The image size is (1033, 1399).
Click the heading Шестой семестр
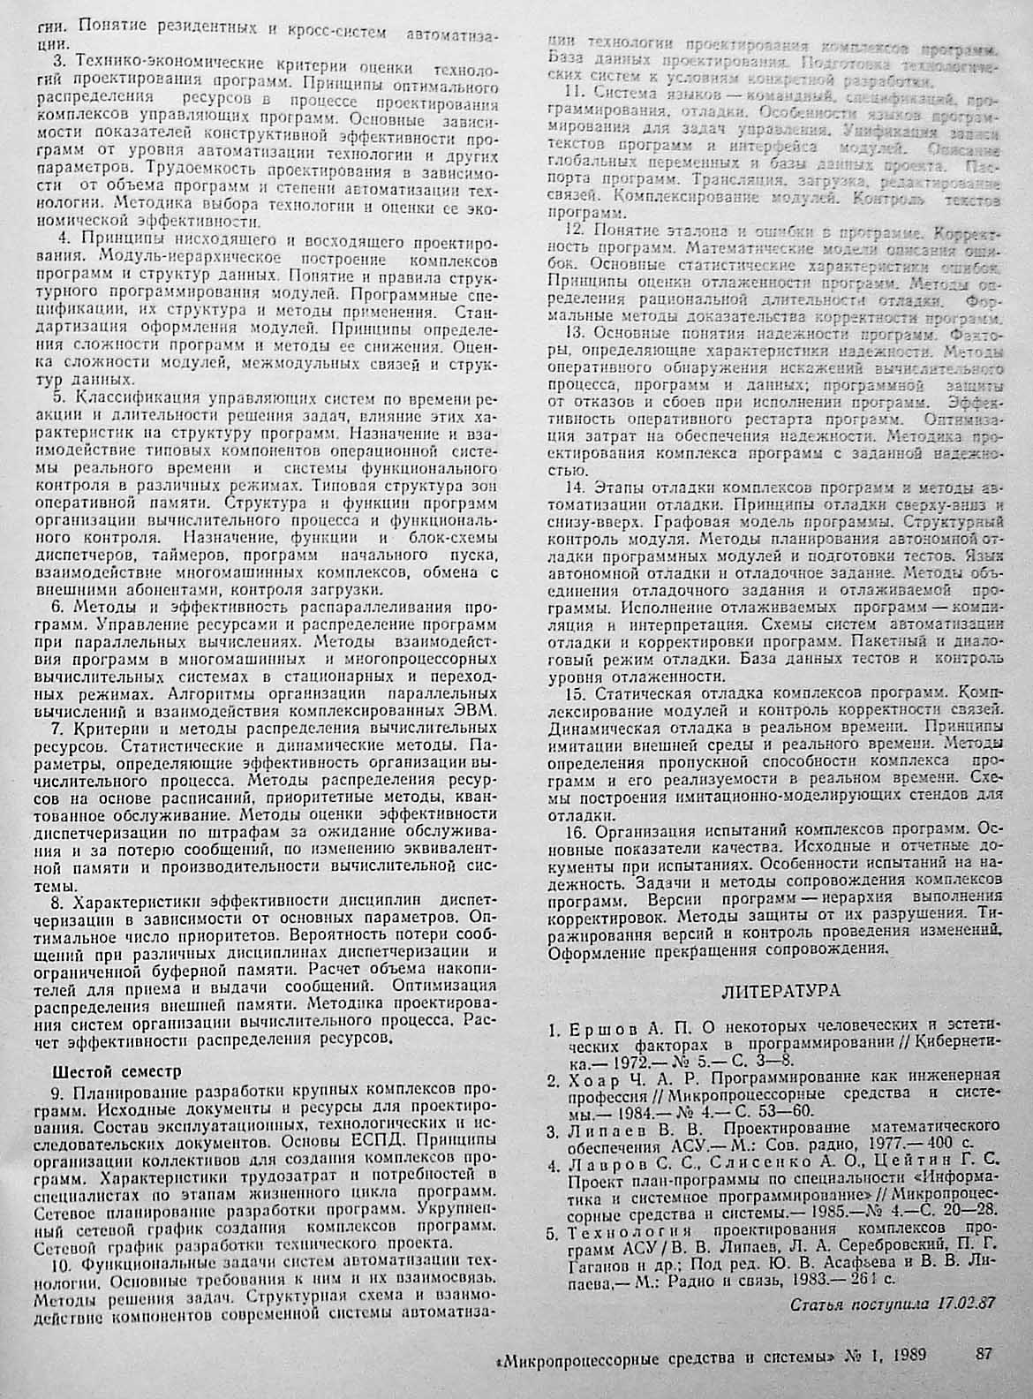click(x=117, y=1072)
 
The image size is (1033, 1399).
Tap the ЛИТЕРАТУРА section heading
click(x=780, y=990)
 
